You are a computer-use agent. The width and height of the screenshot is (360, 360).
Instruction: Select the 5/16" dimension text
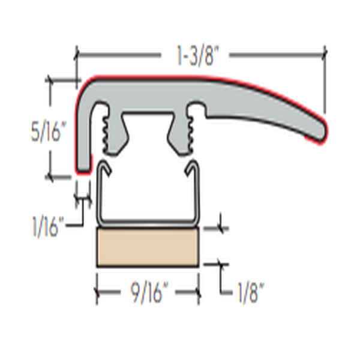coord(47,131)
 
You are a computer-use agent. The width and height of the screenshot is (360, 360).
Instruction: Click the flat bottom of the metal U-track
coord(148,222)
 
